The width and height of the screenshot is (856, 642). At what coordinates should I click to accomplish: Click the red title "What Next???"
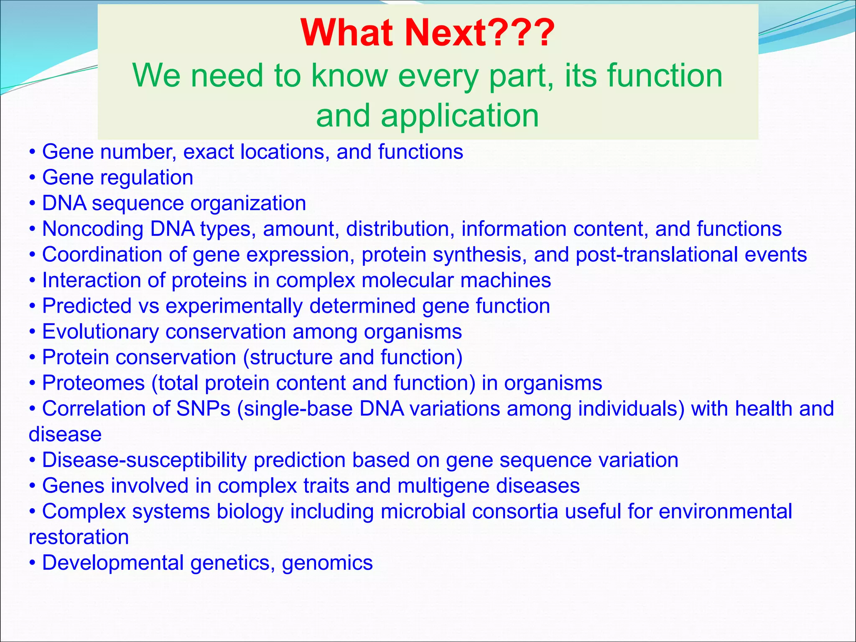[x=427, y=33]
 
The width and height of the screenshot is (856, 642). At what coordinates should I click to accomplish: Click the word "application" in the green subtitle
[x=459, y=116]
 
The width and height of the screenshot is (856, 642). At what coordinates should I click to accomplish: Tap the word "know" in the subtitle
[x=349, y=76]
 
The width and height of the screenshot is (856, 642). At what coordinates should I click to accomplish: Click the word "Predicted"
[x=87, y=306]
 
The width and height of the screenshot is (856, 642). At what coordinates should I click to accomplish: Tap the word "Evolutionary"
[x=100, y=332]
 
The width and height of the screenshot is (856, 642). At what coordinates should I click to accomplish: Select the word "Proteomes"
[x=93, y=383]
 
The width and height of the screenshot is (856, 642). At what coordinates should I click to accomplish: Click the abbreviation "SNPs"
[x=203, y=409]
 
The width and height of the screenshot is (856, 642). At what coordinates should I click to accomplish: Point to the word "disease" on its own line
[x=65, y=435]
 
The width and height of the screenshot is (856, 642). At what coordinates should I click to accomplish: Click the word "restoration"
[x=79, y=538]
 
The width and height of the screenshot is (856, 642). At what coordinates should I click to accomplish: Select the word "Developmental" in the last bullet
[x=113, y=563]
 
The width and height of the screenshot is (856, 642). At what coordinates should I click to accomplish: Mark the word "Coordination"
[x=102, y=255]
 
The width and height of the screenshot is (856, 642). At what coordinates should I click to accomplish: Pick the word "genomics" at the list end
[x=327, y=563]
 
